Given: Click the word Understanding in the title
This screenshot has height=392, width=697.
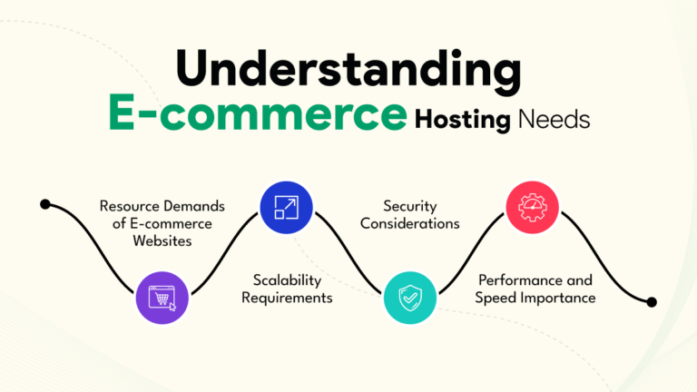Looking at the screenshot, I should (348, 69).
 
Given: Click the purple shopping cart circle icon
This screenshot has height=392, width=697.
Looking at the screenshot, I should (162, 297).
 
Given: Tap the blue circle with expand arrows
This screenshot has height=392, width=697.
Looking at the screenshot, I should (285, 207).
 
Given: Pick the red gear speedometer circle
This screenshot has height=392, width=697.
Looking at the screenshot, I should (532, 207).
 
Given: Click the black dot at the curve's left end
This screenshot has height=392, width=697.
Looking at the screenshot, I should (45, 204).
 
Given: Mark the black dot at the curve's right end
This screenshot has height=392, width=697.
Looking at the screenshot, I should (651, 301).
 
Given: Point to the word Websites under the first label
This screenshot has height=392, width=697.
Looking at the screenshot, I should (162, 241).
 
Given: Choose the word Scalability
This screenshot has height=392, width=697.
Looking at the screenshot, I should (285, 279).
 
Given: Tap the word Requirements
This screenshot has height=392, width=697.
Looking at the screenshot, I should (286, 297).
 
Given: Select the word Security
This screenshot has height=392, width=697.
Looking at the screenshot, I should (410, 206).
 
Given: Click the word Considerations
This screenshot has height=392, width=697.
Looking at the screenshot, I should (410, 223).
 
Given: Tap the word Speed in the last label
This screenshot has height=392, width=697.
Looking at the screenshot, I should (501, 298).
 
